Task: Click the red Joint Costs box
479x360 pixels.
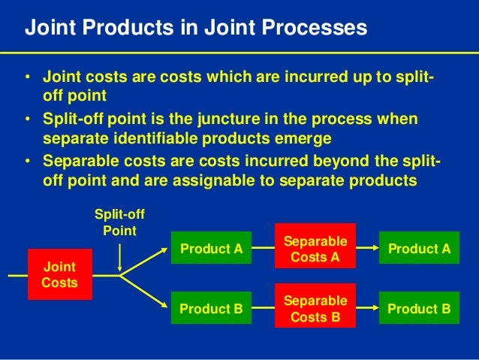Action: point(59,274)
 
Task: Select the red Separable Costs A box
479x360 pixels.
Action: point(314,249)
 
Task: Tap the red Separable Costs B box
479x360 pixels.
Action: point(314,309)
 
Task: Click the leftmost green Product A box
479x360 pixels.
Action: point(212,249)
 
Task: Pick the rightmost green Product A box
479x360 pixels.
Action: point(419,249)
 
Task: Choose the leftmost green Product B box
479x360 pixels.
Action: point(212,309)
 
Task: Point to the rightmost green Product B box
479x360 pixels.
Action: point(419,309)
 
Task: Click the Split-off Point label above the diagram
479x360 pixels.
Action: point(119,223)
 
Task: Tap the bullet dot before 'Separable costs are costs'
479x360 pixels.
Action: point(27,162)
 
